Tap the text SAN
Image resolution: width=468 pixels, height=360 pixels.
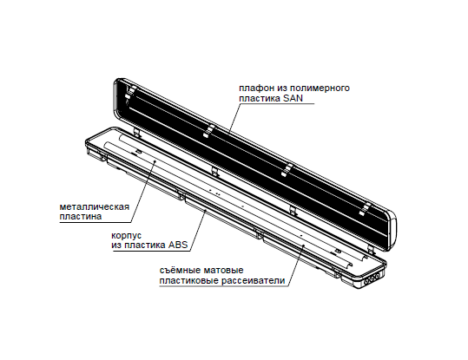click(293, 98)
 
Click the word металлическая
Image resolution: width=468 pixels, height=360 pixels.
click(95, 206)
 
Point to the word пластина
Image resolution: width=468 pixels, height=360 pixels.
click(81, 216)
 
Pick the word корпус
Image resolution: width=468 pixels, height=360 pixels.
click(126, 236)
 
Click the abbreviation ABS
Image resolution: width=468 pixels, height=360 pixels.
click(178, 245)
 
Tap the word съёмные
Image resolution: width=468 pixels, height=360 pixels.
click(180, 271)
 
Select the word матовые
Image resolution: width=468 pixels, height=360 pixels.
click(224, 271)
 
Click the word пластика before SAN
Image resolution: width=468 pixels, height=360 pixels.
click(260, 98)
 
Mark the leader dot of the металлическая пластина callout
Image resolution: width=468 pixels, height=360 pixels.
click(155, 160)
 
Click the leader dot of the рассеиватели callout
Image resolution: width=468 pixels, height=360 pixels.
click(303, 246)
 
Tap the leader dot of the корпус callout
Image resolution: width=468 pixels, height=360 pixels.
click(205, 211)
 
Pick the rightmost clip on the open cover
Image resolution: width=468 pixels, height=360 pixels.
click(365, 209)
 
